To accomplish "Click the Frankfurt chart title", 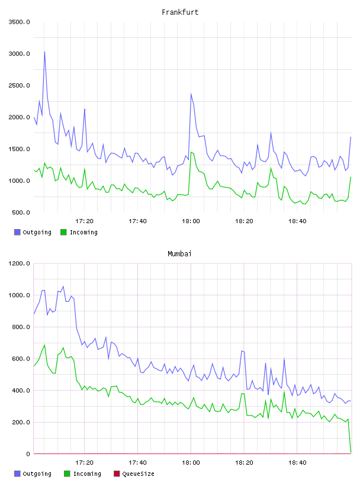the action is (180, 12).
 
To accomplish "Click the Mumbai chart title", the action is (179, 254).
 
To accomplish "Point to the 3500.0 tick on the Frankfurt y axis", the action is (19, 22).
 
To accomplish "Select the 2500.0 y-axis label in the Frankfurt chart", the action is (19, 85).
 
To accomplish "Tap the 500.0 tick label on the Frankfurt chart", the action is (21, 212).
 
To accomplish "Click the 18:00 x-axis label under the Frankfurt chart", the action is (191, 221).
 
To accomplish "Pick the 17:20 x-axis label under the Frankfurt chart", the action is (84, 221).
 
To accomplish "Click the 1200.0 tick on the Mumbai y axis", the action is (19, 263).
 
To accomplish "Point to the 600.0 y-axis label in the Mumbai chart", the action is (21, 359).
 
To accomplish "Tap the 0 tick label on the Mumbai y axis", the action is (28, 454).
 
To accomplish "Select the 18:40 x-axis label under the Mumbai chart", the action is (297, 463).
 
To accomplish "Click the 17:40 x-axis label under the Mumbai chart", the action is (137, 463).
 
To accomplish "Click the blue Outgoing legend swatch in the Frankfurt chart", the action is (17, 232).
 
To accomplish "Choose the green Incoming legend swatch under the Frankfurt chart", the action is (63, 232).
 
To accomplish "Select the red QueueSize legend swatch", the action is (117, 474).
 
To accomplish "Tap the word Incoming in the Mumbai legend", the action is (87, 474).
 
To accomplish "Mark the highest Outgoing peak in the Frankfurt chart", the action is (44, 51).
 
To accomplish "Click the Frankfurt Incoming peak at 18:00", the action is (191, 152).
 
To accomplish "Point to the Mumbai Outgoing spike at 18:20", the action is (242, 351).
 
